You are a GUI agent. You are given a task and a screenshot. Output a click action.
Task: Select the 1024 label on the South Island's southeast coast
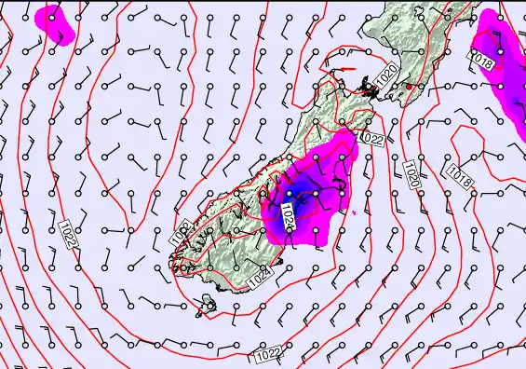click(262, 274)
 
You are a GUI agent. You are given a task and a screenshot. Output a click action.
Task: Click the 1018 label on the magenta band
click(480, 61)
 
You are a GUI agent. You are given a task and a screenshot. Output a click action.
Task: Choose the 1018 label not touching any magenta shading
click(458, 173)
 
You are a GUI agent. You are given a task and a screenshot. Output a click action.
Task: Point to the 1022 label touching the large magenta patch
click(371, 138)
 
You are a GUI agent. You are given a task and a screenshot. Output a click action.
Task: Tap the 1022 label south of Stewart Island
click(267, 354)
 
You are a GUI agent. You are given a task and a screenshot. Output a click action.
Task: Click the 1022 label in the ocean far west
click(68, 233)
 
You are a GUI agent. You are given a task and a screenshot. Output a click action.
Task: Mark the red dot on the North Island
click(408, 87)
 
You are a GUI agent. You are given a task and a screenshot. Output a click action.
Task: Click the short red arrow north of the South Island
click(344, 68)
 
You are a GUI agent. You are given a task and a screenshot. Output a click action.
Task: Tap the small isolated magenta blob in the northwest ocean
click(54, 22)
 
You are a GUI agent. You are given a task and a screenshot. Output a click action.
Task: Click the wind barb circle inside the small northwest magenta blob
click(51, 17)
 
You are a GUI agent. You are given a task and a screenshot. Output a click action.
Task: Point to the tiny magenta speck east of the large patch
click(354, 212)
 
